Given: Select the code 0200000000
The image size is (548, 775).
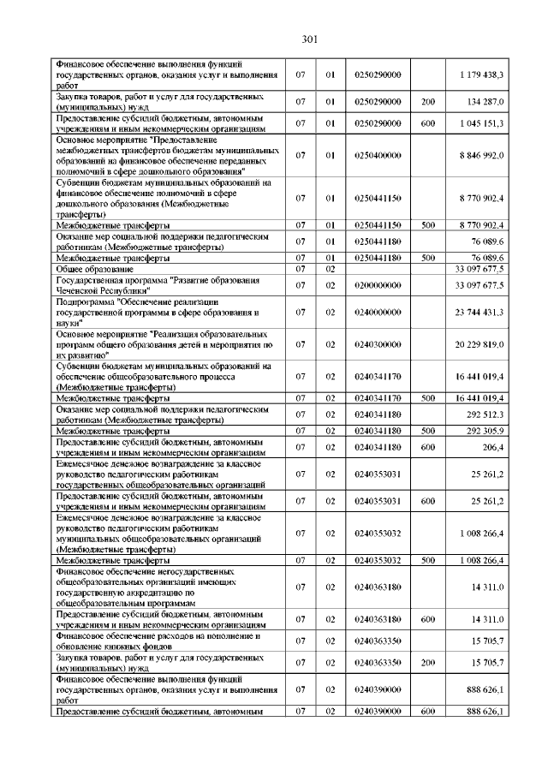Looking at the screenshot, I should [377, 284].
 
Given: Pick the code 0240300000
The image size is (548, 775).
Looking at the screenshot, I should [377, 345].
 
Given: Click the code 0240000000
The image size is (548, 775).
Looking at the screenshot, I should [377, 313].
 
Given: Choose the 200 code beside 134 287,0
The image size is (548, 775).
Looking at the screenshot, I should [428, 101].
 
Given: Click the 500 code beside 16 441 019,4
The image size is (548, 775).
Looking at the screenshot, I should [428, 398].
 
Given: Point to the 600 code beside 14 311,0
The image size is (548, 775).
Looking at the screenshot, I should [428, 618].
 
